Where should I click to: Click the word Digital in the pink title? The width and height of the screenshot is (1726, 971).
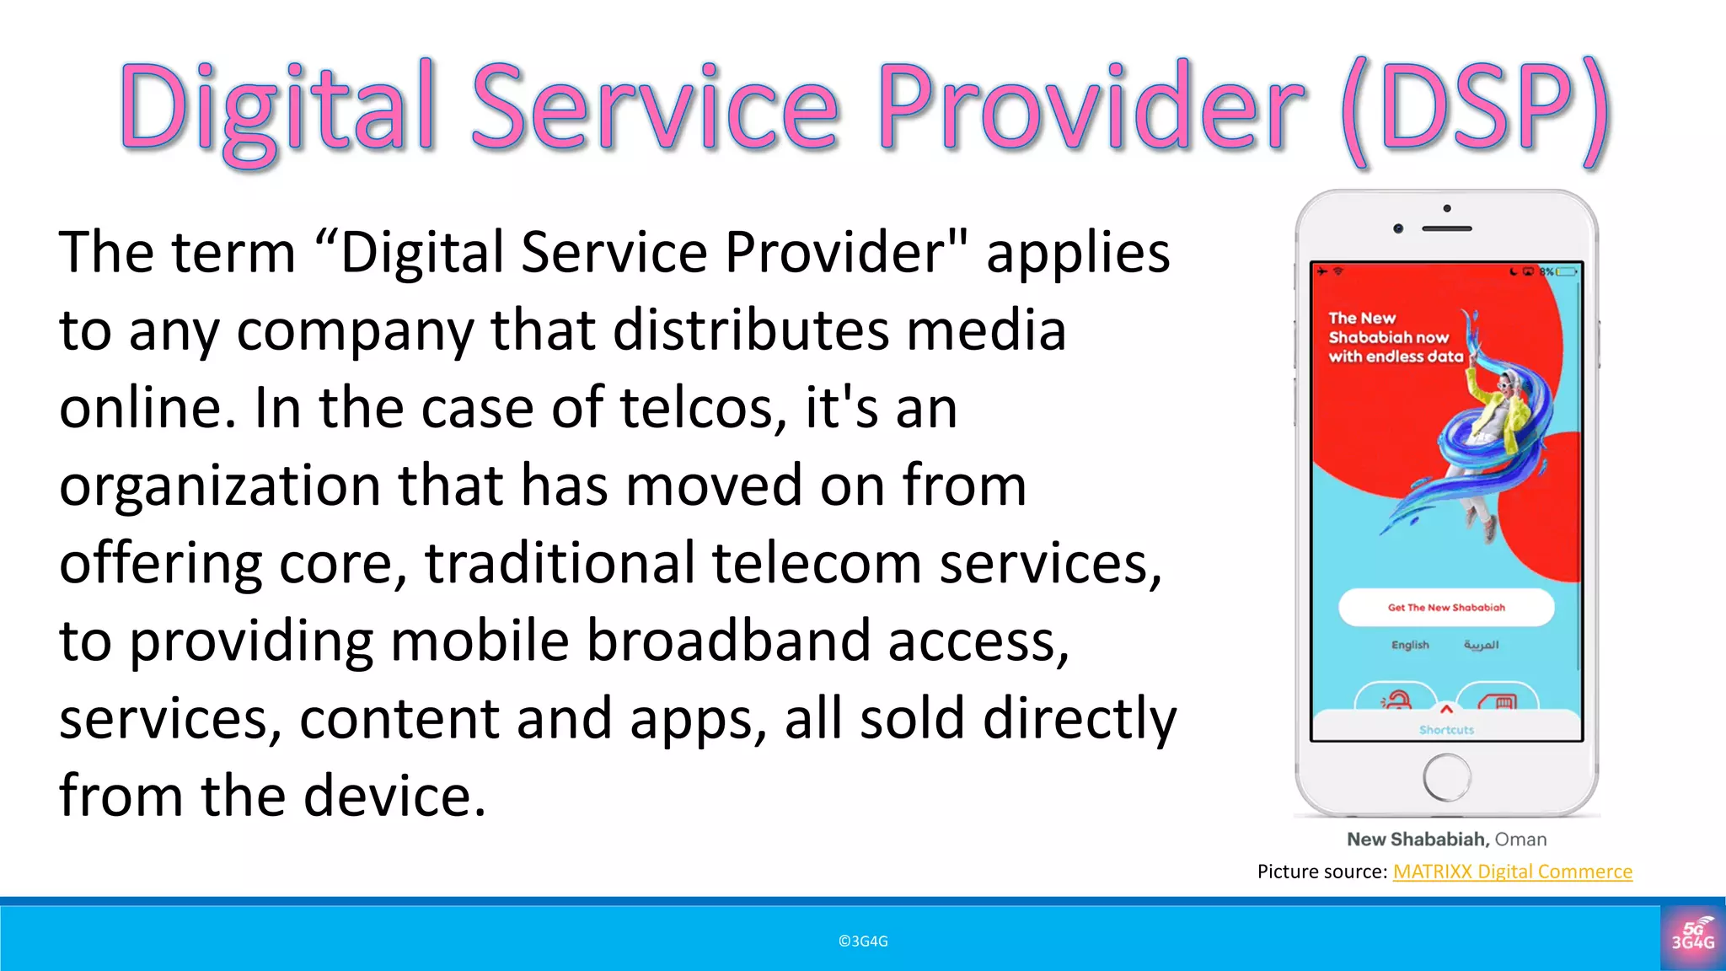point(278,110)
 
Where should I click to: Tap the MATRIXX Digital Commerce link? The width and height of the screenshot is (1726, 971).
point(1512,872)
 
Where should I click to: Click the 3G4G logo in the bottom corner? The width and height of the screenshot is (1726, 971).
point(1692,936)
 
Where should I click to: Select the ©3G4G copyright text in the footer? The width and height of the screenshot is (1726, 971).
point(863,941)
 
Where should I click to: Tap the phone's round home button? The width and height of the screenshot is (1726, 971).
point(1446,776)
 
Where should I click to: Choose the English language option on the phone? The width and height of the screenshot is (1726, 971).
point(1410,645)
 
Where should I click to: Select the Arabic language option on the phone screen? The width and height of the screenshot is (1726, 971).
point(1481,645)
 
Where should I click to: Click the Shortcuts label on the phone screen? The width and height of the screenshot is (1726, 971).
point(1446,730)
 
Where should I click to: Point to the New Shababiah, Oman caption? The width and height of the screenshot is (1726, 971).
point(1446,840)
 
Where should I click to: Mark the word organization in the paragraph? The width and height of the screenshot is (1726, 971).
point(219,486)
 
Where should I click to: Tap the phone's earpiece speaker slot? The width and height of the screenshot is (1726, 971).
point(1447,228)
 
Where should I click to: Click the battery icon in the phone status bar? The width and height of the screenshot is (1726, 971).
point(1567,271)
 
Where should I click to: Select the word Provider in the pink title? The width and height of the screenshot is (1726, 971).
point(1092,110)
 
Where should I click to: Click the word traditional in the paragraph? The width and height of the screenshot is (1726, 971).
point(560,564)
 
